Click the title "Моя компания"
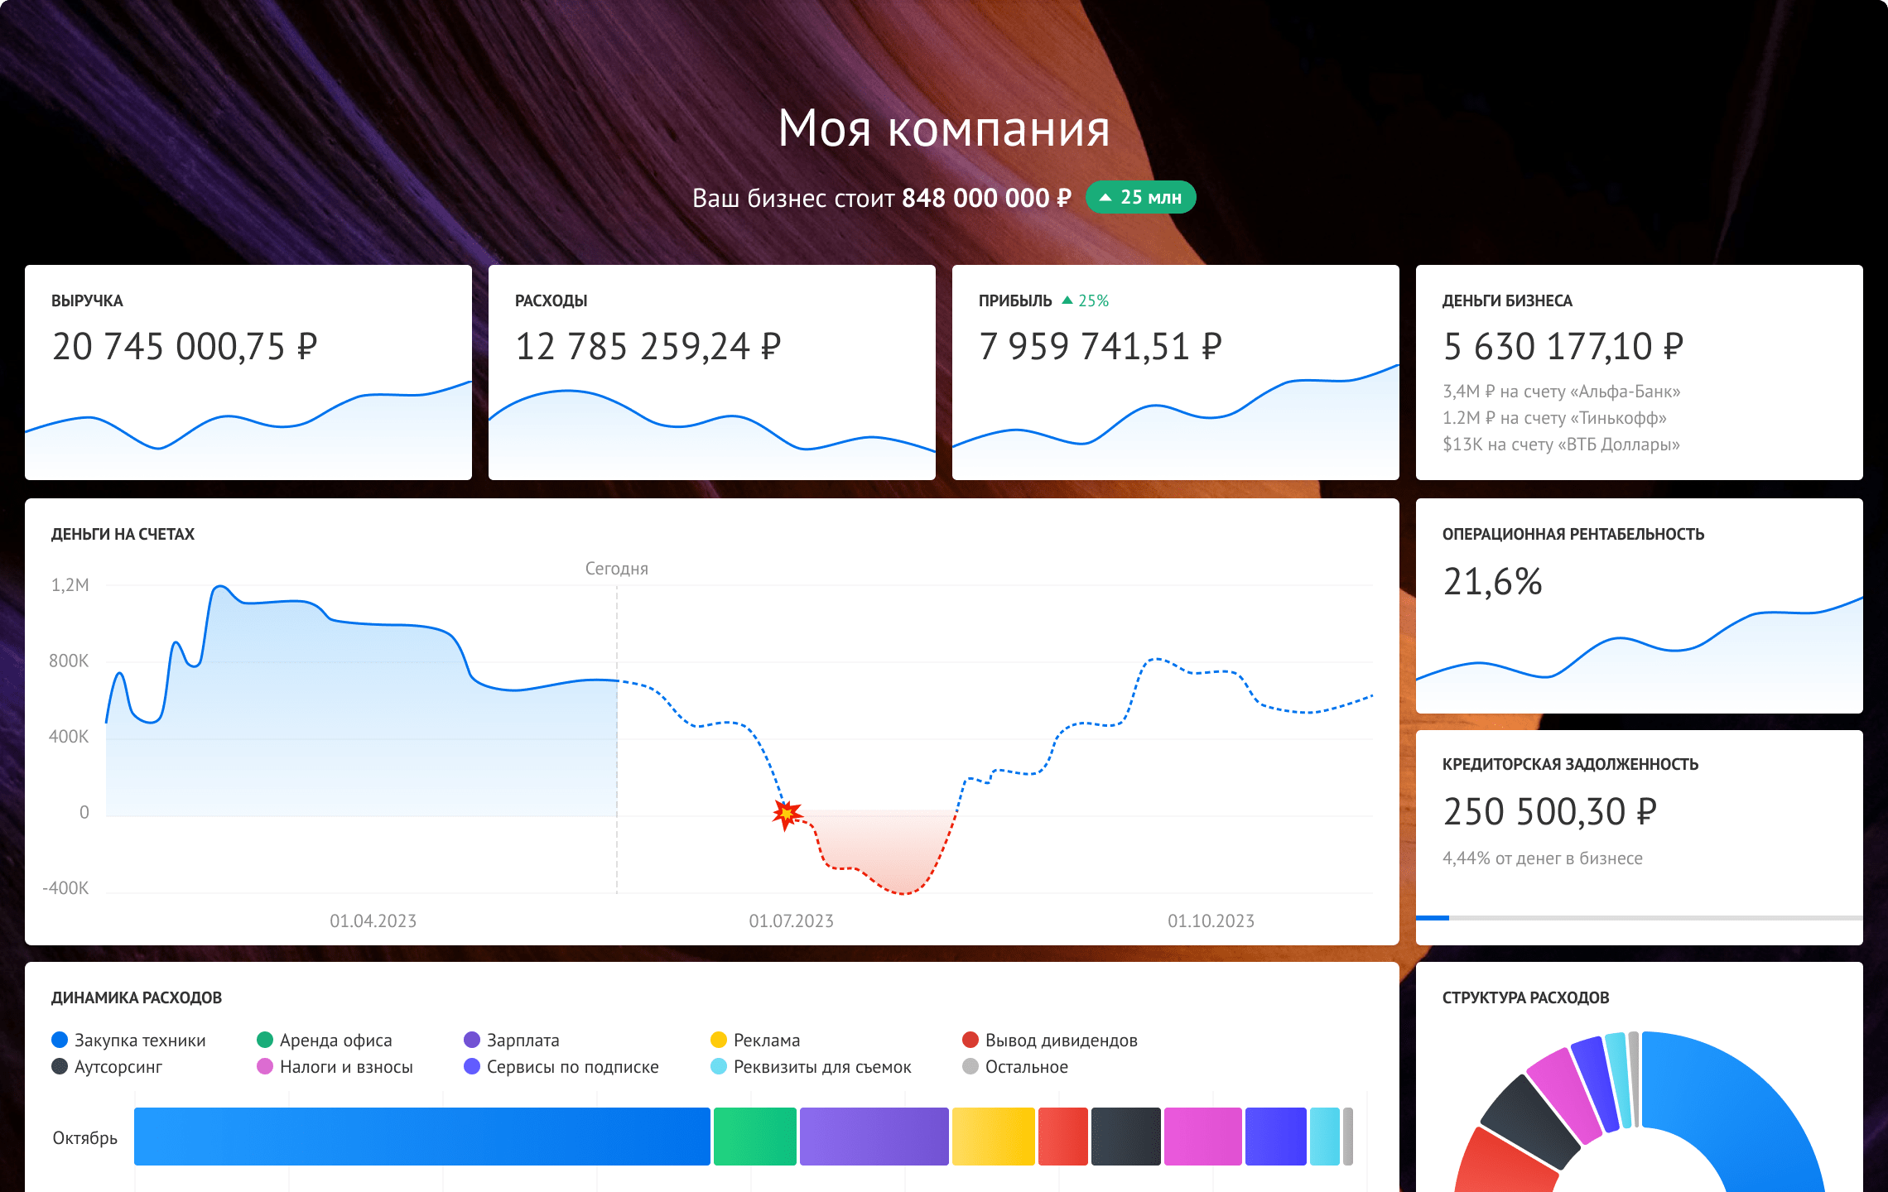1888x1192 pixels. click(943, 129)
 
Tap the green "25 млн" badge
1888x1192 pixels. click(1140, 198)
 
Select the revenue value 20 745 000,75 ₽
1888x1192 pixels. click(184, 347)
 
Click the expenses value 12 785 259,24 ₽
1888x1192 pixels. click(648, 347)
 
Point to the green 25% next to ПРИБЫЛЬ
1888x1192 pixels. click(1086, 301)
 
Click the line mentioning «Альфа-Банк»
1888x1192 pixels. click(1561, 392)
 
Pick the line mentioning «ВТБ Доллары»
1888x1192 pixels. click(1561, 445)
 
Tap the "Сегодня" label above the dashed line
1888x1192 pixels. click(616, 569)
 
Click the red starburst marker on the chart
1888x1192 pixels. click(786, 815)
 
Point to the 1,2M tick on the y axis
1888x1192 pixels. click(70, 585)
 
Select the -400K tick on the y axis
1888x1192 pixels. click(65, 888)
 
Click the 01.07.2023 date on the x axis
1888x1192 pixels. click(791, 921)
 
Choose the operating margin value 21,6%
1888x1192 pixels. click(1492, 582)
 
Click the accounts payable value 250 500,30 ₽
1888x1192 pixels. click(1549, 812)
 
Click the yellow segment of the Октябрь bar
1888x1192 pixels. click(993, 1137)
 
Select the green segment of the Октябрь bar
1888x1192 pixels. click(754, 1137)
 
